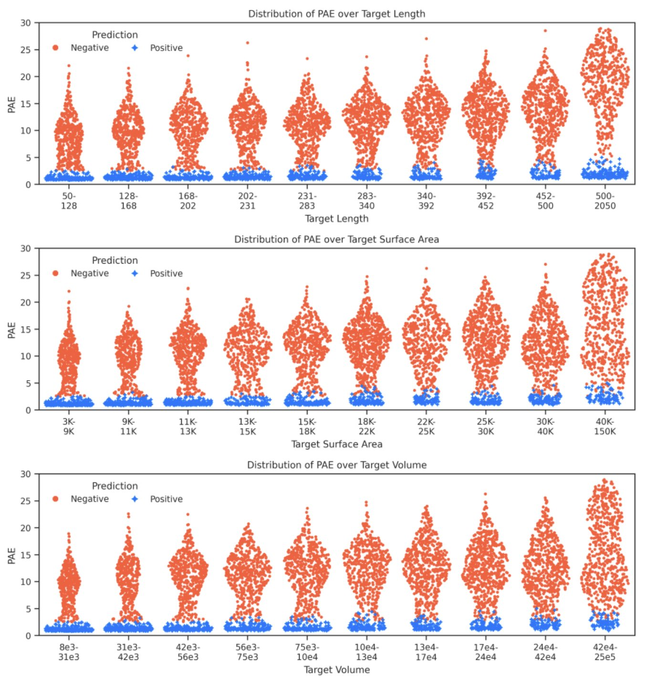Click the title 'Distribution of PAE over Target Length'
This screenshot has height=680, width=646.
click(x=336, y=14)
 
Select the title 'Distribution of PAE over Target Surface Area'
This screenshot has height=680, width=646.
click(x=336, y=239)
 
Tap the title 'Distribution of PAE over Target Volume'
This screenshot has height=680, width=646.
click(x=336, y=465)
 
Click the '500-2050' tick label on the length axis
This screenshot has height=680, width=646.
click(x=605, y=201)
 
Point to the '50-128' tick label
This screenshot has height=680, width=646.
click(x=69, y=201)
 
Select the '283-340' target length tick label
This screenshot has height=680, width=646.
click(x=367, y=201)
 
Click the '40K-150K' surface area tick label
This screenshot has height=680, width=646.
click(x=605, y=426)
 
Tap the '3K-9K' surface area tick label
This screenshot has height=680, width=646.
click(x=69, y=426)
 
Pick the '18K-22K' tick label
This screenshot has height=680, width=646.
click(x=367, y=426)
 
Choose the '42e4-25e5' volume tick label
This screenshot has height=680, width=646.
click(x=605, y=652)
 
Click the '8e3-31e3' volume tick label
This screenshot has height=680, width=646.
click(x=69, y=652)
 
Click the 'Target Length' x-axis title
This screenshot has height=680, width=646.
click(x=336, y=219)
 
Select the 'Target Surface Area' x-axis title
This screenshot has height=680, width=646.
click(x=336, y=444)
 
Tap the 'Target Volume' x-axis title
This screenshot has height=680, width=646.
click(x=336, y=669)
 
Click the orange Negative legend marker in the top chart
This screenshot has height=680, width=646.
click(x=55, y=48)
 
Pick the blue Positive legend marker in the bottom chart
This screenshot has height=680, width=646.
click(x=135, y=499)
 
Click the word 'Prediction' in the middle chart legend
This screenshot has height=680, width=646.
click(x=115, y=260)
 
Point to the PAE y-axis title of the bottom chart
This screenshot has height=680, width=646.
click(x=12, y=555)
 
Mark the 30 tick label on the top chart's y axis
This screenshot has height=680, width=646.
click(x=26, y=23)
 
